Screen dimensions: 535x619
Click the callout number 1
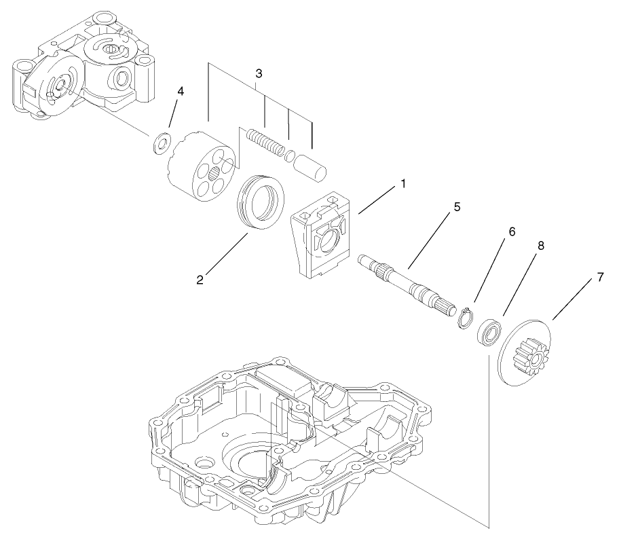(402, 184)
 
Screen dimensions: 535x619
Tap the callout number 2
(201, 279)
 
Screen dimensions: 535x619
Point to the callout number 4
(180, 92)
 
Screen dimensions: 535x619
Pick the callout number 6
(511, 232)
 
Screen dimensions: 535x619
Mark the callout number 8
(540, 246)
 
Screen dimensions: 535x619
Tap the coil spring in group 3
(264, 144)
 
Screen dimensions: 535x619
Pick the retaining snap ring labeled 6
(465, 318)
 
